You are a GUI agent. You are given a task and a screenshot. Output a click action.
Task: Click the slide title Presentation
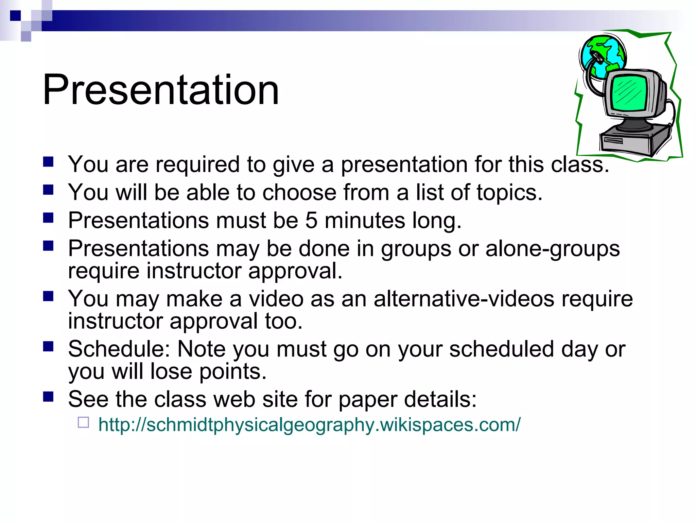[x=160, y=90]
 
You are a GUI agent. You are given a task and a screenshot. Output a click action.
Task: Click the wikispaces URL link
[x=309, y=425]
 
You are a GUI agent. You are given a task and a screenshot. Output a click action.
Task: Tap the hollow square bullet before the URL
[x=83, y=422]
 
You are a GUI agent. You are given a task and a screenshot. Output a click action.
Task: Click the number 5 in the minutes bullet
[x=311, y=220]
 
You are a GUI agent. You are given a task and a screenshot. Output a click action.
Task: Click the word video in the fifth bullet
[x=276, y=299]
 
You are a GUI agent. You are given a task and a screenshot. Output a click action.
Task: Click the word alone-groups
[x=553, y=248]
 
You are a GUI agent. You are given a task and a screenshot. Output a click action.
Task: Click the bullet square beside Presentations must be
[x=49, y=217]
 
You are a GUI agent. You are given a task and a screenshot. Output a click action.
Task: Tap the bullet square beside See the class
[x=49, y=396]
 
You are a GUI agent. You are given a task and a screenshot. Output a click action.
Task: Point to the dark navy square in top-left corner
[x=15, y=15]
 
